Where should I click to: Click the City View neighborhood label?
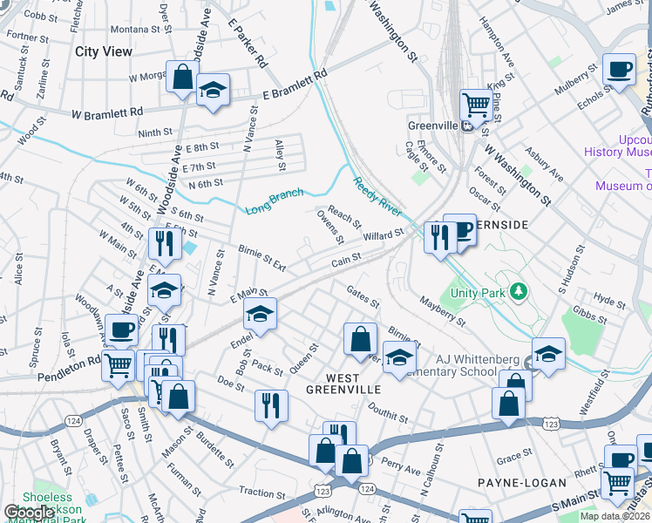[x=104, y=51]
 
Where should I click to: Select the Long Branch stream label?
[x=274, y=201]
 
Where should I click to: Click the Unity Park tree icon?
[x=520, y=290]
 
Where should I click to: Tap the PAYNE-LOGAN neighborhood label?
[x=521, y=482]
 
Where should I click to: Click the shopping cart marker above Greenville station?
[x=476, y=105]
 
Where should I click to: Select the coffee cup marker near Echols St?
[x=619, y=69]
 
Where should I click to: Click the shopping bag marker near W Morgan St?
[x=183, y=76]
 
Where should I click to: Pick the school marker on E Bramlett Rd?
[x=212, y=91]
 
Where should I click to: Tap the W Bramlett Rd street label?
[x=107, y=113]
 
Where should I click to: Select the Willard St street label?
[x=384, y=235]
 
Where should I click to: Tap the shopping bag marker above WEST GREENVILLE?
[x=359, y=338]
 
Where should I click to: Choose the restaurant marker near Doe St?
[x=271, y=404]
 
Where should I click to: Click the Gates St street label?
[x=363, y=296]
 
